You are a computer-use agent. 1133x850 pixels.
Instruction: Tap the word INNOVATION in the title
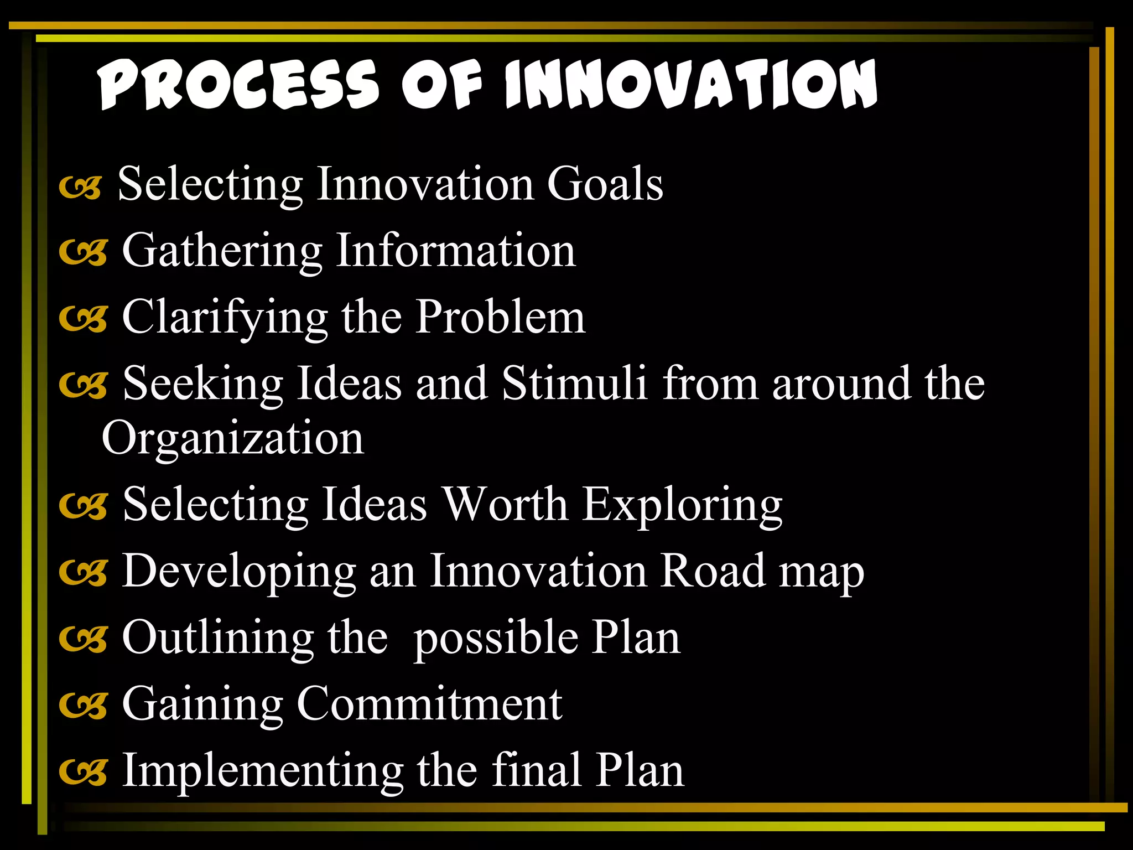tap(691, 84)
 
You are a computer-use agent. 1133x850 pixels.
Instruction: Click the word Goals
tap(605, 184)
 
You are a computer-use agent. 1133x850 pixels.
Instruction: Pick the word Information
tap(456, 251)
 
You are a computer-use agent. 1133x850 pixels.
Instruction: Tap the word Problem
tap(500, 317)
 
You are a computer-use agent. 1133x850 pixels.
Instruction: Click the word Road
tap(713, 571)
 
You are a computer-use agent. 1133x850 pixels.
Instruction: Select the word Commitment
tap(430, 704)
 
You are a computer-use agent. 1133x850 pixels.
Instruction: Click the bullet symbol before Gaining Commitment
tap(83, 706)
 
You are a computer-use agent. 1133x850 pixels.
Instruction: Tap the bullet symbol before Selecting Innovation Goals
tap(81, 188)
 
